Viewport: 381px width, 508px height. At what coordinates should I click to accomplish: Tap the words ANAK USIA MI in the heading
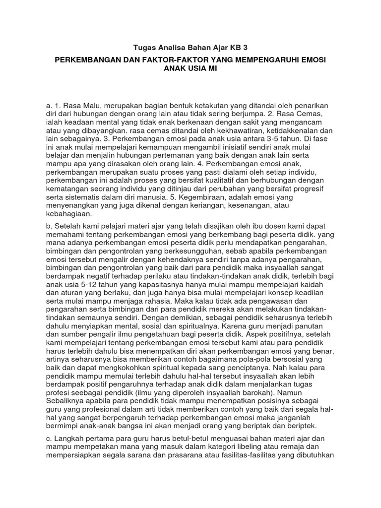pyautogui.click(x=190, y=68)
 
